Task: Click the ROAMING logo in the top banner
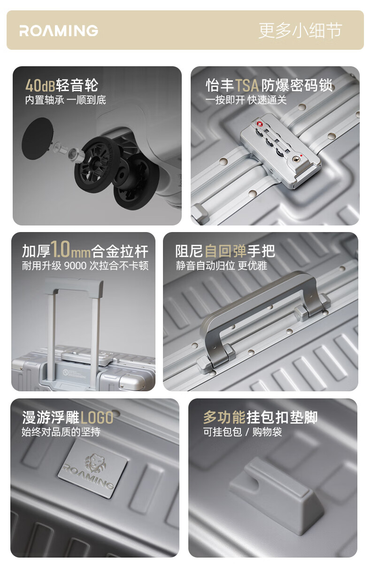coord(59,31)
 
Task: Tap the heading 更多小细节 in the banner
coord(300,31)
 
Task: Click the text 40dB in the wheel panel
coord(40,85)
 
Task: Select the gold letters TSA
coord(247,85)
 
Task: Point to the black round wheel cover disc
coord(38,138)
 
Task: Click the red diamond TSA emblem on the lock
coord(259,124)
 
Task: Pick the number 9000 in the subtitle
coord(76,266)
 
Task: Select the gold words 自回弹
coord(225,251)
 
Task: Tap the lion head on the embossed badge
coord(96,463)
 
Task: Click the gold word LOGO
coord(96,418)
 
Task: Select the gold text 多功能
coord(224,418)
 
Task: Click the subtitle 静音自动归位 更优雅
coord(222,266)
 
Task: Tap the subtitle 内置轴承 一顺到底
coord(66,100)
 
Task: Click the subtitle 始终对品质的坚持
coord(61,432)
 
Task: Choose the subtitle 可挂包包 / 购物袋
coord(242,432)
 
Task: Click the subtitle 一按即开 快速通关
coord(246,100)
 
